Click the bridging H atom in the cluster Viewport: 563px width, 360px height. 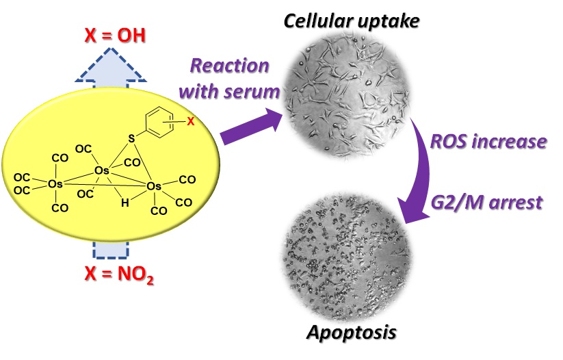point(123,203)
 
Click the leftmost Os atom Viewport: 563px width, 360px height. point(55,183)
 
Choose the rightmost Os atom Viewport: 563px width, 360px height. point(155,185)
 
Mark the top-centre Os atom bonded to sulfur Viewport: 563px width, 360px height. point(101,170)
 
